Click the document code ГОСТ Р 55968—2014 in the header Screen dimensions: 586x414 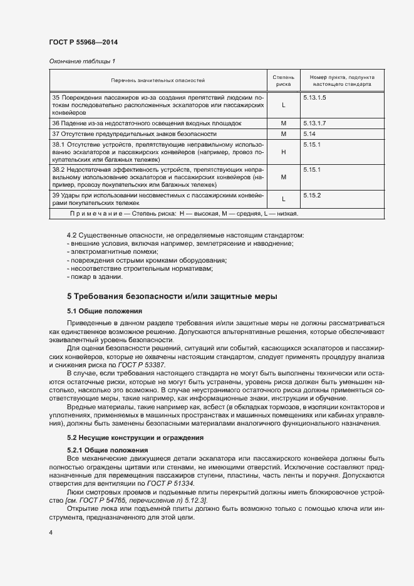tap(83, 42)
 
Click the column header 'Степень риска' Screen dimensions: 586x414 tap(283, 80)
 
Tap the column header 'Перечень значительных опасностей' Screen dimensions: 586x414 tap(158, 80)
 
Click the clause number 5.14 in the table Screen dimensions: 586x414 tap(309, 134)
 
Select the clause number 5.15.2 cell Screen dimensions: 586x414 tap(312, 196)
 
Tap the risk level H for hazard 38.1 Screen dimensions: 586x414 tap(283, 152)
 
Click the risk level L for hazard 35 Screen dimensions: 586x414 tap(283, 106)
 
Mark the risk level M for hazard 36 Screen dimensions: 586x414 tap(283, 123)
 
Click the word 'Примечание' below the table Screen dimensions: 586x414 tap(97, 215)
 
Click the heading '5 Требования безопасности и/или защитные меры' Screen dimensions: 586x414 tap(172, 296)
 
